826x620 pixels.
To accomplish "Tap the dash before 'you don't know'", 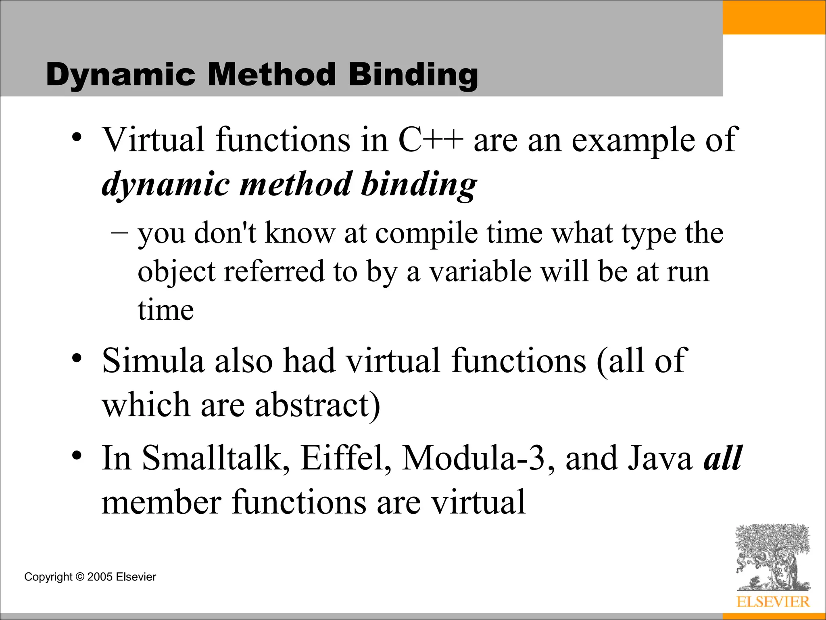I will click(119, 232).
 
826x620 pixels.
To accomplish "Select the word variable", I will click(480, 271).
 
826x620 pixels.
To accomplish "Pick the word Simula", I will click(153, 360).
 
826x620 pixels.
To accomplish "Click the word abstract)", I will click(317, 404).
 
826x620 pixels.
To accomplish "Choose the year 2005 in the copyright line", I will click(100, 577).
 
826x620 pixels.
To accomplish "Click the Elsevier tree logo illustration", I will click(772, 557).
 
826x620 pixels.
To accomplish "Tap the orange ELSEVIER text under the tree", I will click(773, 602).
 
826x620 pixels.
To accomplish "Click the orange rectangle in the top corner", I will click(774, 17).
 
